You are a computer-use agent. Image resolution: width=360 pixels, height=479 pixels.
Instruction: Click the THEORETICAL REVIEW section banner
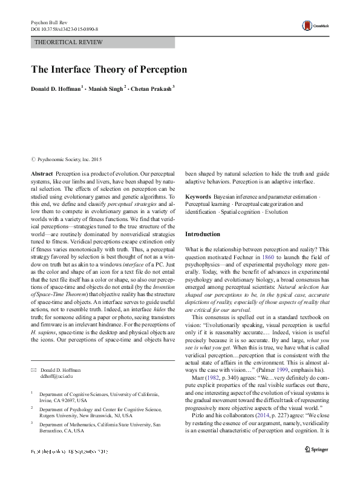70,42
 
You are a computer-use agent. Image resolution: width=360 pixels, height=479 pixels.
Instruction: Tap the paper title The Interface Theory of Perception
109,69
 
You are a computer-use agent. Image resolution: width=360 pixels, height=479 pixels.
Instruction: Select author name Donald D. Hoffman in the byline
56,89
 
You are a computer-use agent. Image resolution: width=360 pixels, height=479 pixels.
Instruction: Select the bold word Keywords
198,197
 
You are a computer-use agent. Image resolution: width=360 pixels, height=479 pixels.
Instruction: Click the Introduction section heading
203,234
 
